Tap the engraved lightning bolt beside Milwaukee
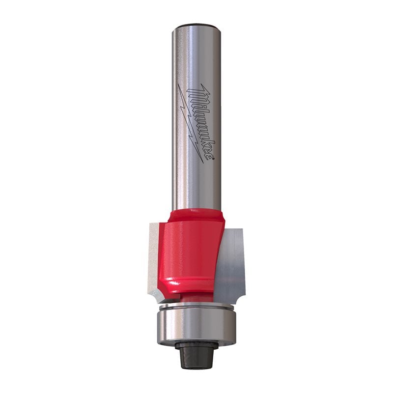(x=191, y=120)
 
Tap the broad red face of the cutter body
(x=189, y=251)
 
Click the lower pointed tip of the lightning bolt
(x=202, y=163)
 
